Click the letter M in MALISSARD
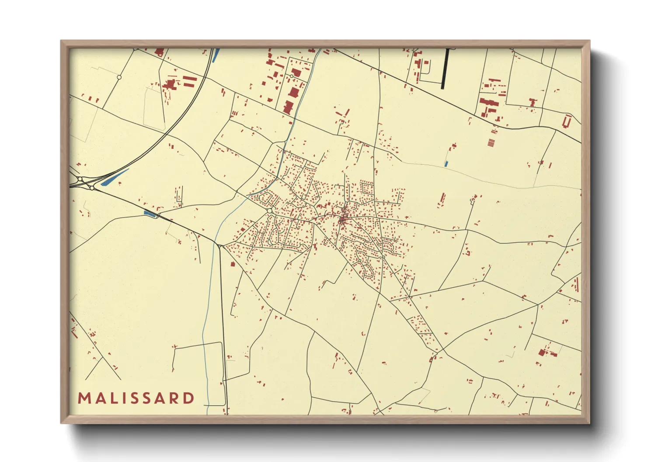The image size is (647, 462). click(x=83, y=398)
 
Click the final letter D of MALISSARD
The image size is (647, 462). click(x=189, y=398)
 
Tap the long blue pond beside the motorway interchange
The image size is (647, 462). click(x=115, y=177)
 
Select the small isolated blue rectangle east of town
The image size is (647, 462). click(x=446, y=164)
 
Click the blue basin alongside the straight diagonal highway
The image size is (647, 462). click(x=150, y=214)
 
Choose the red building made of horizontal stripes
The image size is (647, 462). click(x=491, y=142)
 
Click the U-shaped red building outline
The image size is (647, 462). click(x=568, y=121)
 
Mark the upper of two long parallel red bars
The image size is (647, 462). click(x=190, y=78)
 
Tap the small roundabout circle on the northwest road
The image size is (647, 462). click(x=119, y=77)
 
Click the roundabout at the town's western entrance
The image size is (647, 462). click(x=270, y=210)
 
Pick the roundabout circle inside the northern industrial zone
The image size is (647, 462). click(x=291, y=76)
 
